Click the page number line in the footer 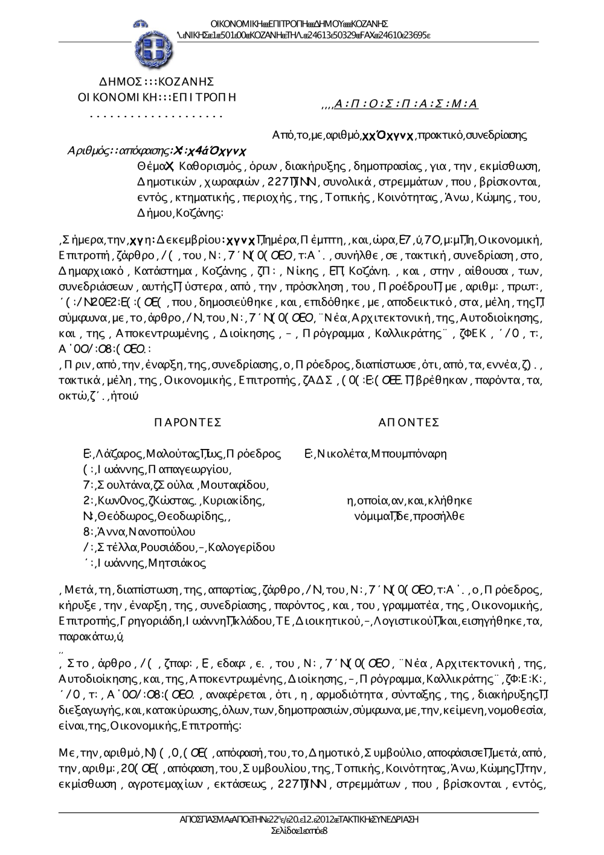pyautogui.click(x=300, y=831)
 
